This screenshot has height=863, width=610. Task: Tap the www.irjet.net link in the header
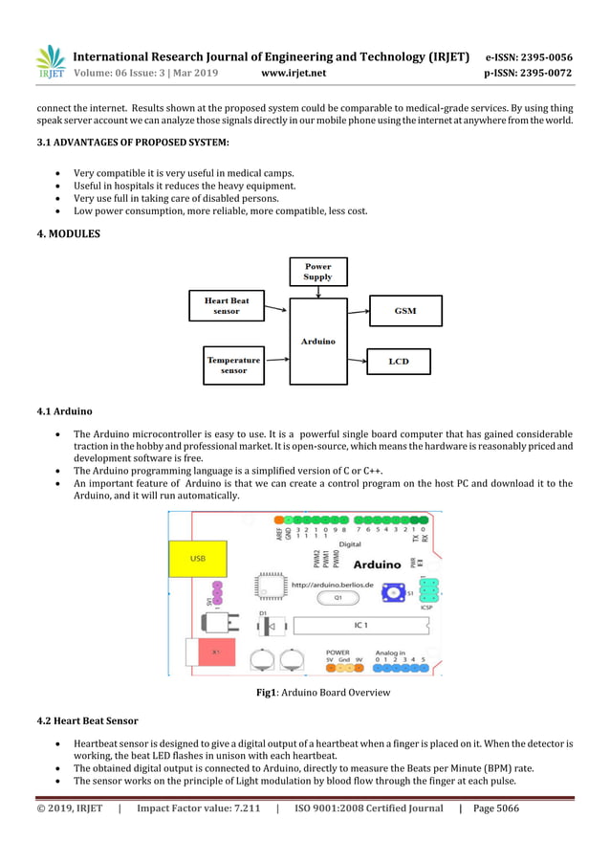293,73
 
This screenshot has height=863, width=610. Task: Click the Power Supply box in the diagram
317,272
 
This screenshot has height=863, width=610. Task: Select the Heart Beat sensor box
227,305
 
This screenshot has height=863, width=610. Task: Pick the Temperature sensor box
233,365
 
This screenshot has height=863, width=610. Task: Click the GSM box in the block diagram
405,311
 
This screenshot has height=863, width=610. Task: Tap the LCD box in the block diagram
399,362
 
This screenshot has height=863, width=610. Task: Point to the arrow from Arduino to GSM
358,311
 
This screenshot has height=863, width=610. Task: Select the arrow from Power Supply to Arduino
317,291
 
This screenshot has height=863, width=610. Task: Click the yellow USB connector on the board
197,558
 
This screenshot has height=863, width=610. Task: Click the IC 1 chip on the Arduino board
359,625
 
